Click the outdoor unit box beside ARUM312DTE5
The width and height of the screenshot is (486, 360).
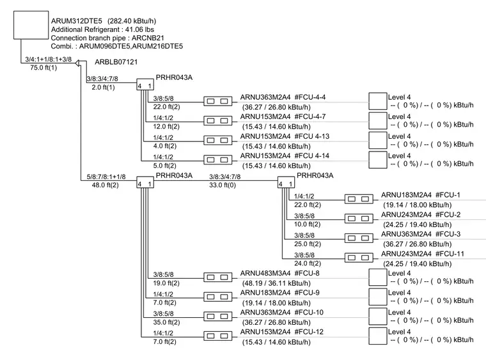point(31,25)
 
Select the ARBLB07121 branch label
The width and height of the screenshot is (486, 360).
point(116,62)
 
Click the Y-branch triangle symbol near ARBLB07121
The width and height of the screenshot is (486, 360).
point(78,63)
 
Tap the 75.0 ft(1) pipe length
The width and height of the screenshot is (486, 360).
point(43,68)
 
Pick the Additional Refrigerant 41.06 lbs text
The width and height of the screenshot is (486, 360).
point(102,29)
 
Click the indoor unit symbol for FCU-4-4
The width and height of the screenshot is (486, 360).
point(217,101)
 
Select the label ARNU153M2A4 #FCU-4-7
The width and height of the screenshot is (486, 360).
point(283,116)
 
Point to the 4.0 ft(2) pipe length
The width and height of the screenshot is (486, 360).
point(164,146)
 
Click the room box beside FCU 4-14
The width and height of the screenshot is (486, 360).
point(378,160)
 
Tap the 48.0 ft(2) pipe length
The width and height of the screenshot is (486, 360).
point(105,185)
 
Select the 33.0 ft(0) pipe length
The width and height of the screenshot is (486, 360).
point(223,185)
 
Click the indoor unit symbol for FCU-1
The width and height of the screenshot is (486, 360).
point(359,199)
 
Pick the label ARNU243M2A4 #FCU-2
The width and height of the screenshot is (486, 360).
point(421,214)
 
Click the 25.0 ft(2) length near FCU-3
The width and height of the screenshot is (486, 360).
point(308,244)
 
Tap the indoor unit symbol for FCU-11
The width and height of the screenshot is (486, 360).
point(359,258)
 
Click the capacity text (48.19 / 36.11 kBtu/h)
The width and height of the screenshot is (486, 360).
point(276,283)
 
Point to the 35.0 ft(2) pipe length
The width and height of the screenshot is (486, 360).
point(166,322)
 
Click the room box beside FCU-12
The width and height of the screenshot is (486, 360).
point(378,336)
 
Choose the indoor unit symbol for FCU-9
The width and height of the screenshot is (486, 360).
point(217,297)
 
